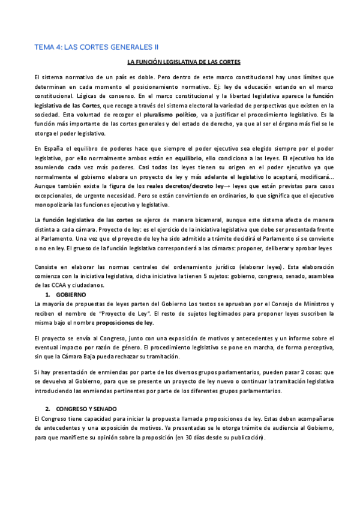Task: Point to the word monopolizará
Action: click(57, 205)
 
